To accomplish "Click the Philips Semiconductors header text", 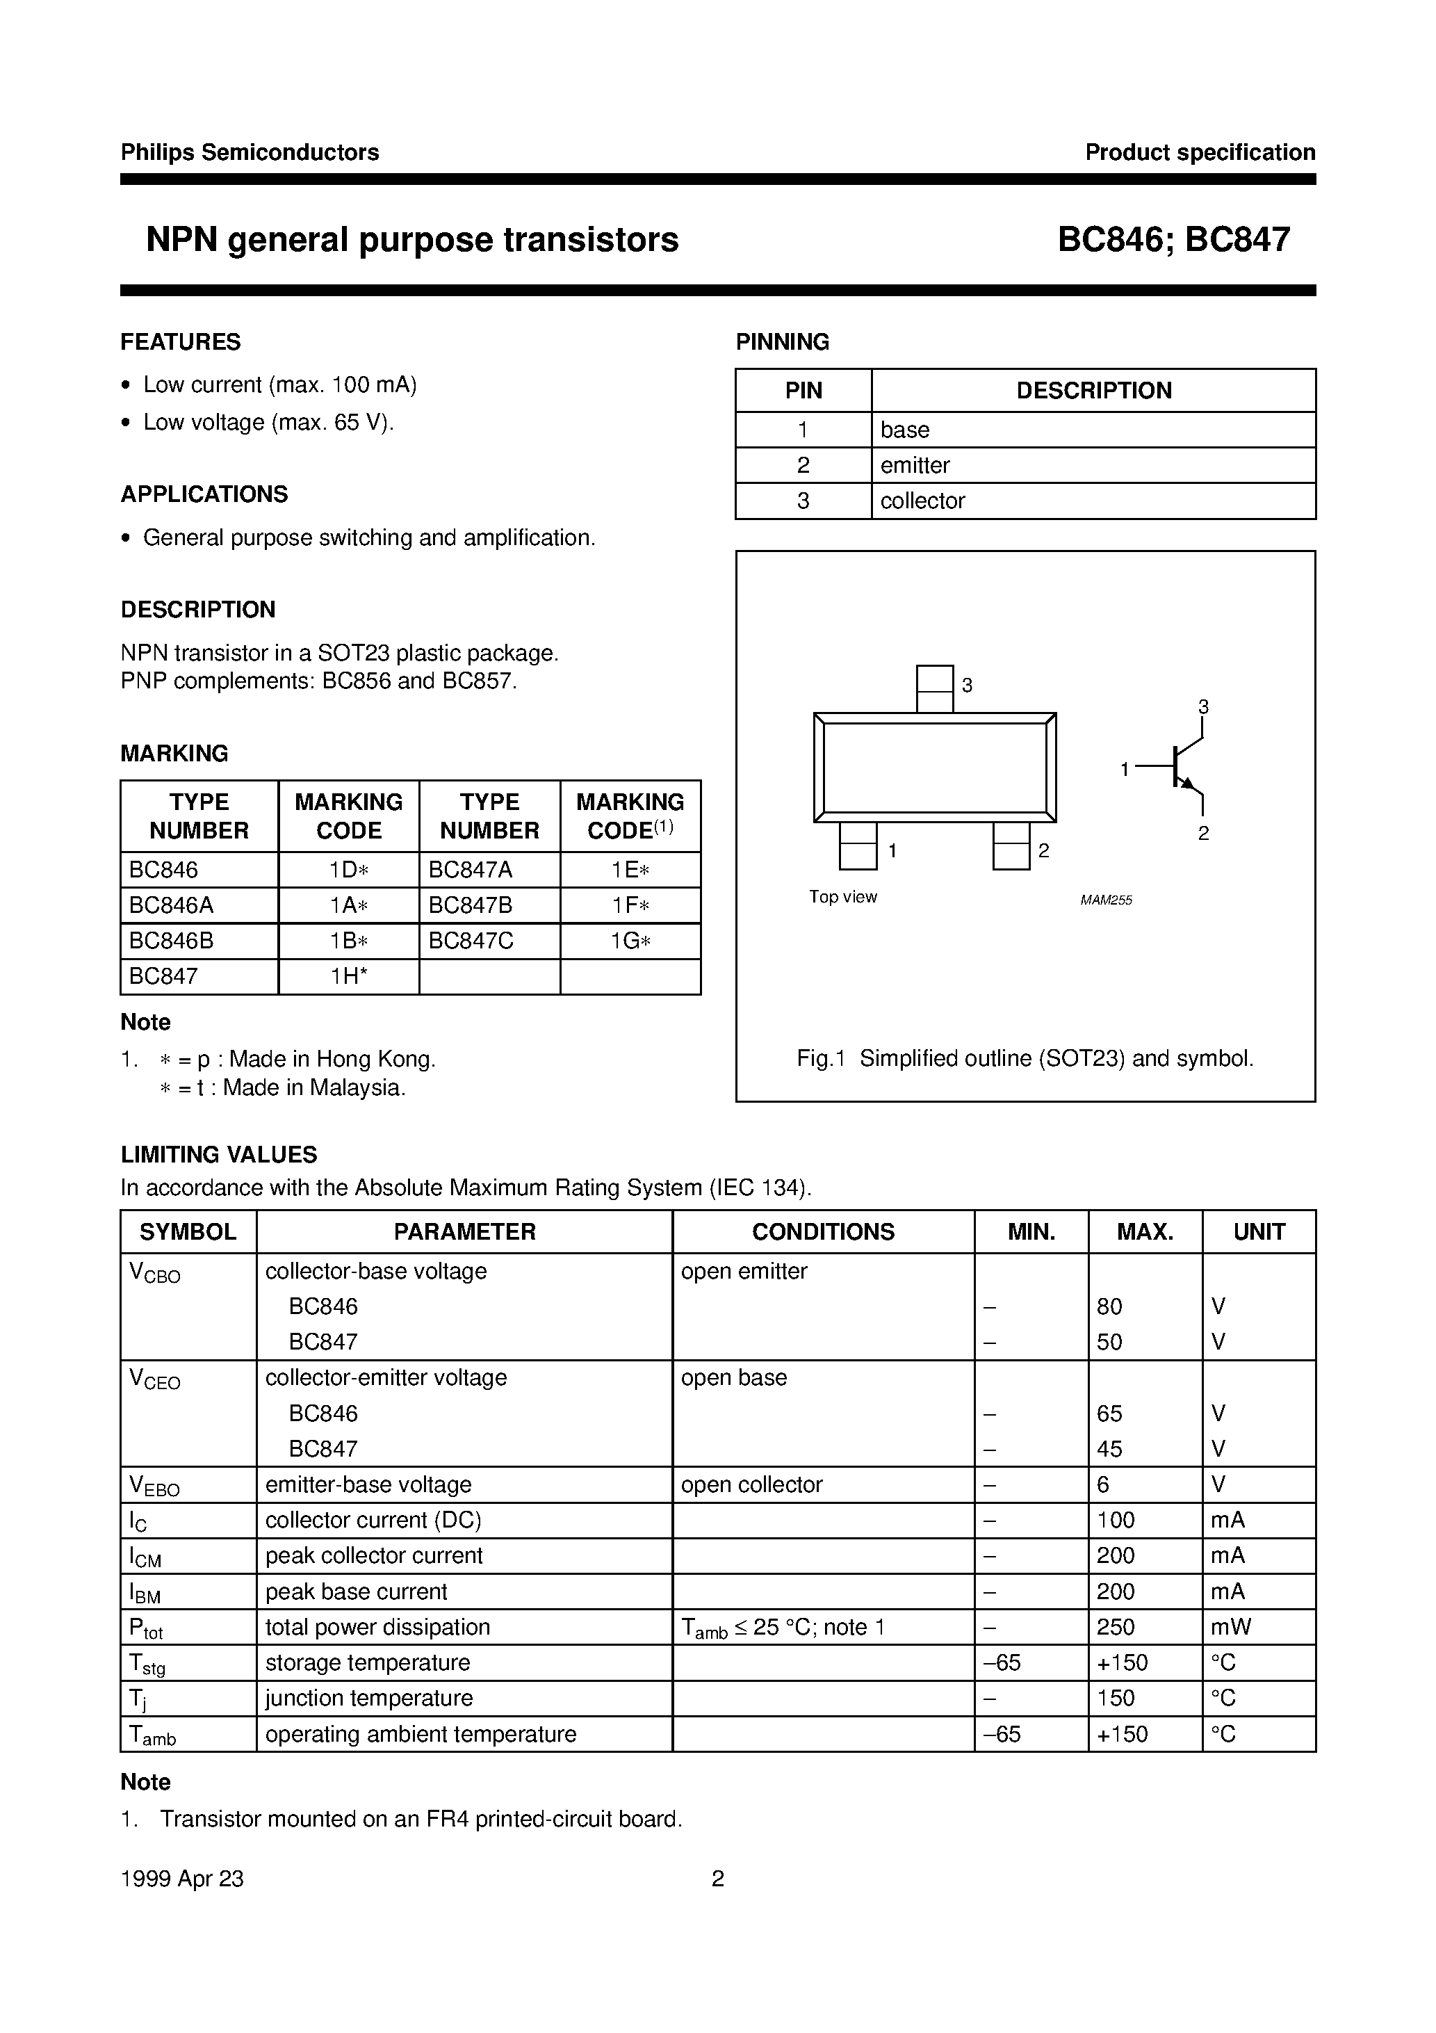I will (250, 152).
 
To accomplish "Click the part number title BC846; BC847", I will (1173, 240).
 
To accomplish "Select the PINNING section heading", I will (782, 342).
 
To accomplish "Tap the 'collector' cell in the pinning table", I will (922, 501).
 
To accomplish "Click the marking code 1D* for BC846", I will (349, 870).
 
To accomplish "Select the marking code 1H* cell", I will (349, 977).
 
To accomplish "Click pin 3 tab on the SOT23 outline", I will (934, 689).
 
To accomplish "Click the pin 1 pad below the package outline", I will (857, 845).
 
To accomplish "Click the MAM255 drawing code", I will (1106, 900).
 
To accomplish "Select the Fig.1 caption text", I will (1025, 1059).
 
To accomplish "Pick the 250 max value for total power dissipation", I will (1115, 1628).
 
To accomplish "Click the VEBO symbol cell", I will (154, 1486).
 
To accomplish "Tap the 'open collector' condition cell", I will (751, 1485).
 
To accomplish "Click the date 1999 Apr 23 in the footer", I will (181, 1879).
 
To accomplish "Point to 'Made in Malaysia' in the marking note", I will (313, 1088).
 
